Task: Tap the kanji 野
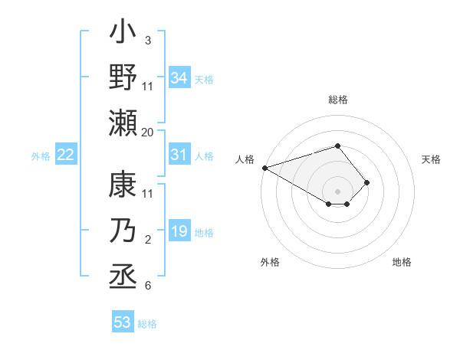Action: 123,78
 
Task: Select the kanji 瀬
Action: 123,123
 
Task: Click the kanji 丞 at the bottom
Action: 123,274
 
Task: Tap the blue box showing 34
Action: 179,78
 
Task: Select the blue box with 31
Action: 179,155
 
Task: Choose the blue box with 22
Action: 66,155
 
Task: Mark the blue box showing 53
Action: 123,322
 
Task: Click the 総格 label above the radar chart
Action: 337,100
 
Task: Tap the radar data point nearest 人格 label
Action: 264,167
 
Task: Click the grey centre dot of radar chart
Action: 337,191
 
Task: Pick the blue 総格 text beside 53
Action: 147,324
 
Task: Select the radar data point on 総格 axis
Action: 337,146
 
